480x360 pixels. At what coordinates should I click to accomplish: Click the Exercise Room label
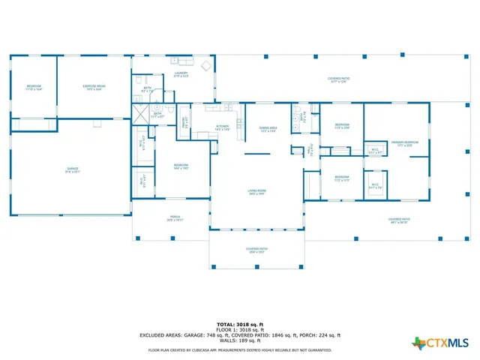tap(94, 88)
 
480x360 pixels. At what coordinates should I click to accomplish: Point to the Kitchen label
tap(223, 127)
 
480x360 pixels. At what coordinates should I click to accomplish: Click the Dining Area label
tap(268, 130)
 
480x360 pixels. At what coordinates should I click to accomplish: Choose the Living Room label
tap(258, 193)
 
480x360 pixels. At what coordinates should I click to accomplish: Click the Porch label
tap(174, 219)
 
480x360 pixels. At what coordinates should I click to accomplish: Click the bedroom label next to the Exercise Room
tap(34, 88)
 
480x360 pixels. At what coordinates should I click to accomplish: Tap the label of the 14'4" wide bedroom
tap(181, 166)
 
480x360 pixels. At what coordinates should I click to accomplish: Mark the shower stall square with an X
tap(139, 115)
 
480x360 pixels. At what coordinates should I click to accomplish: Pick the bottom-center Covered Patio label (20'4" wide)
tap(257, 250)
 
